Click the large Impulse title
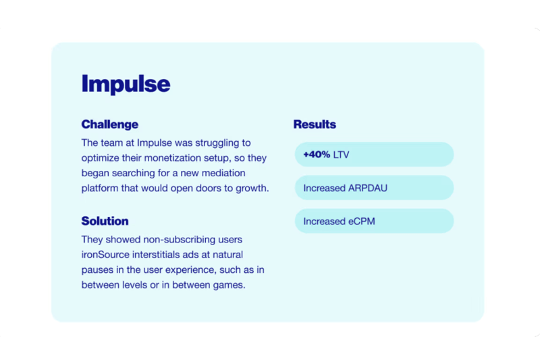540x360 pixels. pyautogui.click(x=126, y=84)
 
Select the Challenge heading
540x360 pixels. pyautogui.click(x=110, y=124)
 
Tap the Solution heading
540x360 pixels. pyautogui.click(x=105, y=221)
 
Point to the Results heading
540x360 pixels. pyautogui.click(x=315, y=124)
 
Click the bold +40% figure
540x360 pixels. pyautogui.click(x=317, y=155)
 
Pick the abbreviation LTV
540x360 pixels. pyautogui.click(x=342, y=155)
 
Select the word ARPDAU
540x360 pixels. pyautogui.click(x=368, y=188)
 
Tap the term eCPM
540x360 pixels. pyautogui.click(x=362, y=221)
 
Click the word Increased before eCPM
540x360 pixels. pyautogui.click(x=325, y=221)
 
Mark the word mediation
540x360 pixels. pyautogui.click(x=223, y=173)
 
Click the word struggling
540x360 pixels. pyautogui.click(x=217, y=143)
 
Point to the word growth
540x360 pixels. pyautogui.click(x=252, y=188)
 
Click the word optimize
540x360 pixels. pyautogui.click(x=100, y=158)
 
